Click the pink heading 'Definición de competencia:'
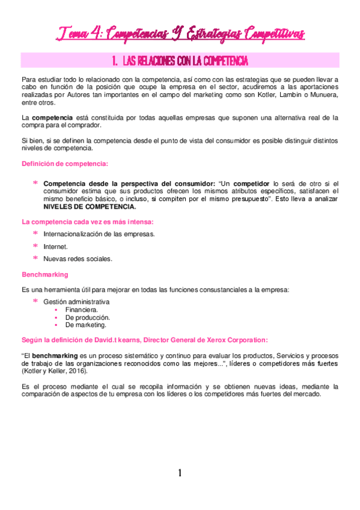click(x=65, y=164)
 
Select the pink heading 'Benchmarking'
click(x=44, y=274)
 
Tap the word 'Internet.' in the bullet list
click(x=56, y=247)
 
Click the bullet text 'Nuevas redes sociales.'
click(x=78, y=259)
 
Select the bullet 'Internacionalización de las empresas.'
click(x=99, y=234)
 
